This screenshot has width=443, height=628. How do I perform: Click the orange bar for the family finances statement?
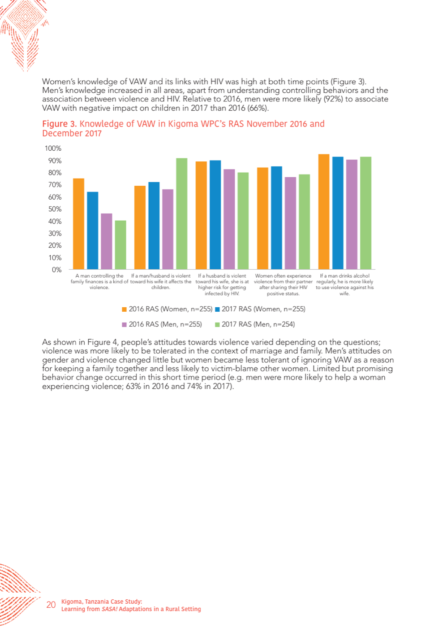(78, 224)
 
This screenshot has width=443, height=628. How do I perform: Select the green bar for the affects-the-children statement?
(182, 214)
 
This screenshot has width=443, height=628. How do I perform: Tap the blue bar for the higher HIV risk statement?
(215, 215)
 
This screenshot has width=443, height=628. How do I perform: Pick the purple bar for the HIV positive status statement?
(290, 223)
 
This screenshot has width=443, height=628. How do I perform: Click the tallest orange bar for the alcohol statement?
(324, 212)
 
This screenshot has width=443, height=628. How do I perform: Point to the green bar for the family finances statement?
(120, 245)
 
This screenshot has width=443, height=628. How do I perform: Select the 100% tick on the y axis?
(53, 148)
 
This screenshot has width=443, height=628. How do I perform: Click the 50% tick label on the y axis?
(55, 209)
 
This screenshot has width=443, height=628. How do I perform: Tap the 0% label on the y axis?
(56, 270)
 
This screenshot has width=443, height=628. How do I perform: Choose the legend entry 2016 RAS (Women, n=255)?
(167, 309)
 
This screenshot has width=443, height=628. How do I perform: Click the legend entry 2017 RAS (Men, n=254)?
(255, 324)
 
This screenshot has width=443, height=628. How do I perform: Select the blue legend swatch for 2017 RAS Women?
(217, 310)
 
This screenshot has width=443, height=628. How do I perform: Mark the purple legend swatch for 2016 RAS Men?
(125, 325)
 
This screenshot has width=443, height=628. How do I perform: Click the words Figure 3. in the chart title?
(60, 124)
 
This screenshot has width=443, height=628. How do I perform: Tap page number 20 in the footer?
(51, 605)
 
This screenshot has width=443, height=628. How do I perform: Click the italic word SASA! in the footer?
(110, 609)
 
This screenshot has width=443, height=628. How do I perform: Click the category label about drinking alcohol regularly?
(345, 284)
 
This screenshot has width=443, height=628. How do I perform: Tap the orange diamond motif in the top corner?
(25, 17)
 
